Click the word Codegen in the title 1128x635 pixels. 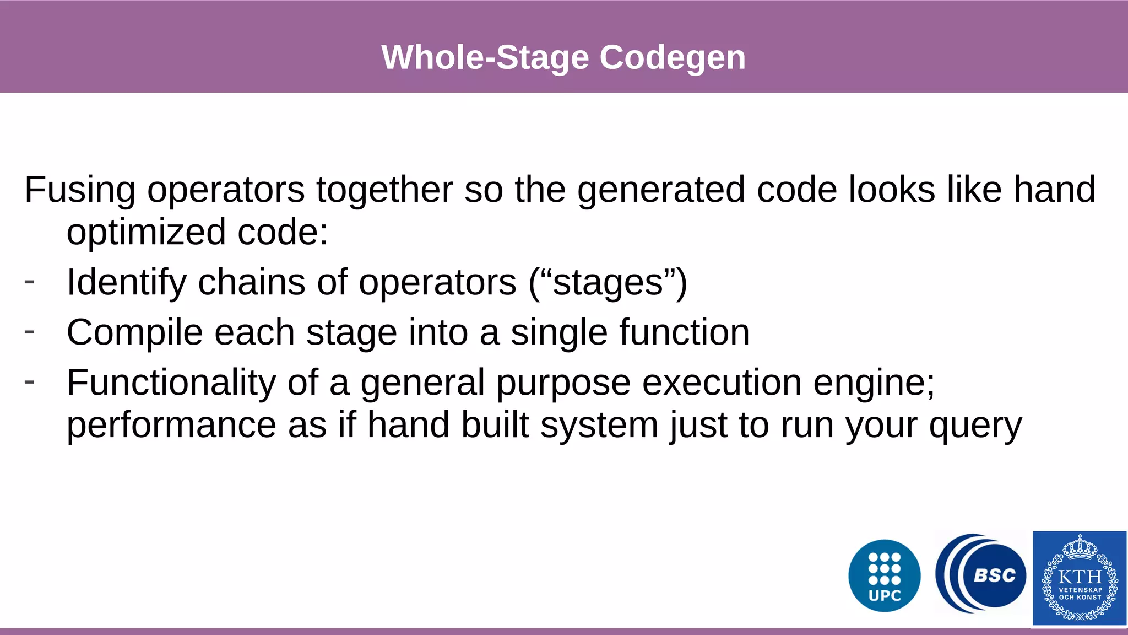coord(672,57)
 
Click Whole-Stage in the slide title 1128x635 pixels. coord(485,57)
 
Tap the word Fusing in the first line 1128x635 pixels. coord(79,190)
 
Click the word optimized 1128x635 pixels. coord(146,232)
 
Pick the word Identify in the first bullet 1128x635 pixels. coord(127,282)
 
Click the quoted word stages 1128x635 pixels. coord(608,282)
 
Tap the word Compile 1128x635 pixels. coord(134,332)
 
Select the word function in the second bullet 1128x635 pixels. coord(684,332)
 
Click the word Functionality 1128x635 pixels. coord(171,383)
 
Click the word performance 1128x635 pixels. coord(171,425)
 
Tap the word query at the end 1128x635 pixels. coord(975,426)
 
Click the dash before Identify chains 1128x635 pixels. coord(30,282)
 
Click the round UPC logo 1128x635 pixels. coord(884,575)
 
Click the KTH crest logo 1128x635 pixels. coord(1079,578)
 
